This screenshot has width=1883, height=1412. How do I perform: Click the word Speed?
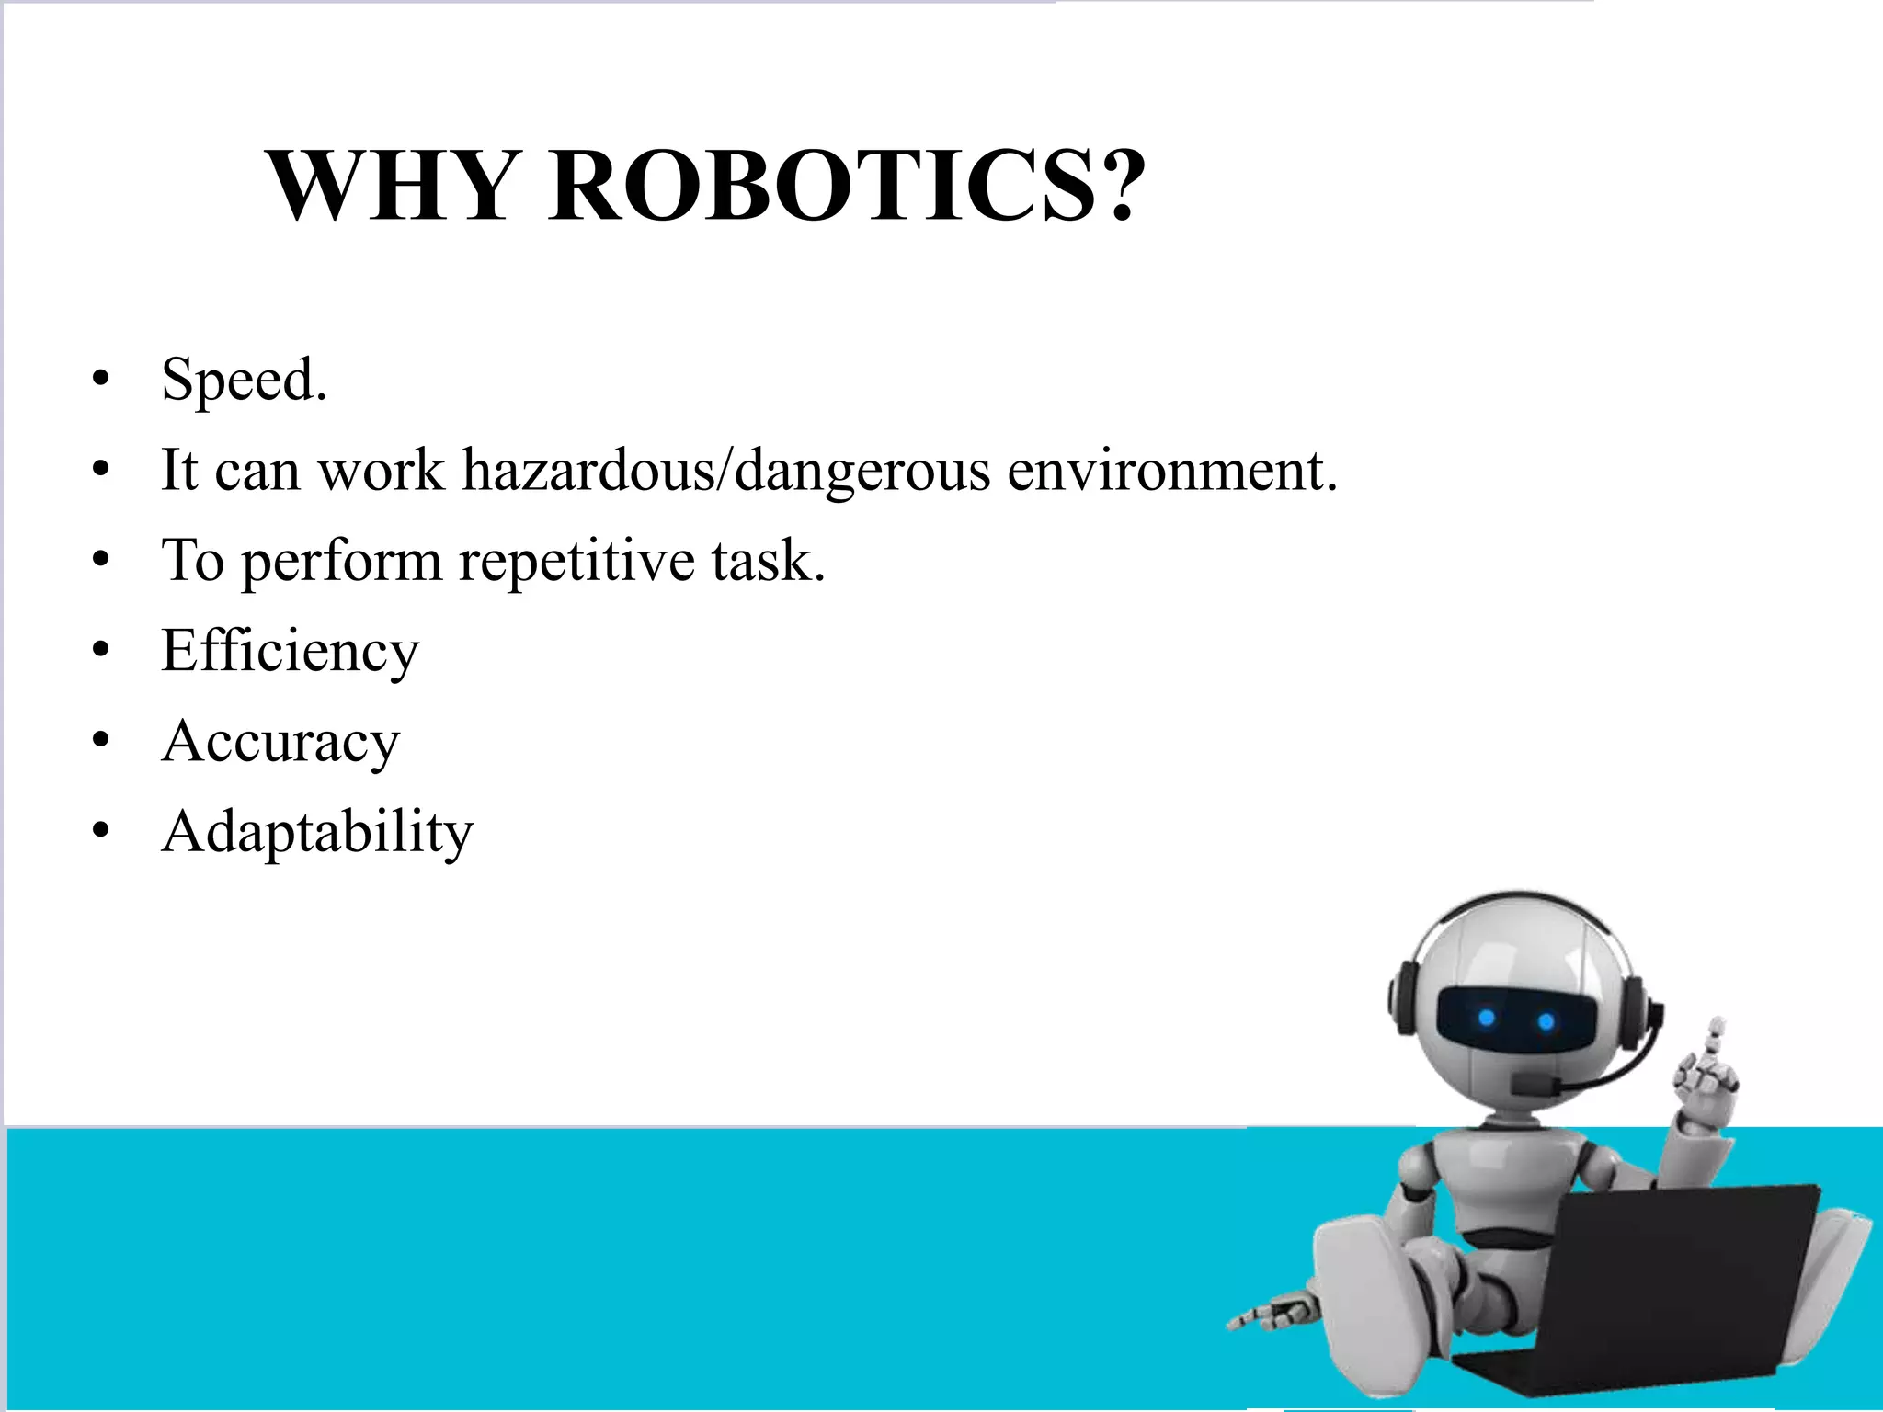(x=243, y=380)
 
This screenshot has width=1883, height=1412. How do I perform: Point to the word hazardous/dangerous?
(x=726, y=470)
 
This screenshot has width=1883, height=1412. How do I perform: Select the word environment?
(x=1172, y=470)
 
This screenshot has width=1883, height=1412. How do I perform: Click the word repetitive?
(x=576, y=560)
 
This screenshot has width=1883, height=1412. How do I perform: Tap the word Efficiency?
(x=290, y=651)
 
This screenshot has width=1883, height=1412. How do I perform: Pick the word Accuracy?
(x=280, y=741)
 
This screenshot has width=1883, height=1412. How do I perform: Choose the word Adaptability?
(x=317, y=832)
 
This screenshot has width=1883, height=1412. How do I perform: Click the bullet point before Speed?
(x=101, y=380)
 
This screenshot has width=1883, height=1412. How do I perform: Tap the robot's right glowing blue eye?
(x=1546, y=1021)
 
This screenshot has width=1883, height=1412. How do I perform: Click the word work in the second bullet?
(x=381, y=470)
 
